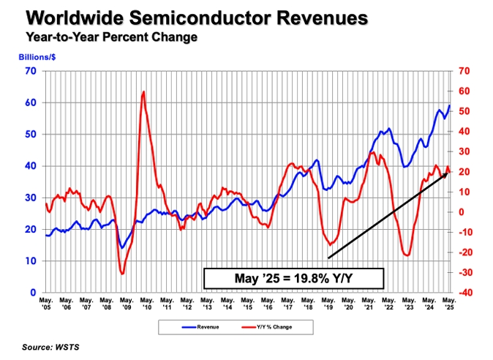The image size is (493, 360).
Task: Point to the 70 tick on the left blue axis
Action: point(31,71)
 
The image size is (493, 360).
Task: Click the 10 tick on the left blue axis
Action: point(31,260)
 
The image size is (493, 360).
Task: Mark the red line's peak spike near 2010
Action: point(143,92)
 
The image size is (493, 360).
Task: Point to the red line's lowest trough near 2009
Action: point(123,274)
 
